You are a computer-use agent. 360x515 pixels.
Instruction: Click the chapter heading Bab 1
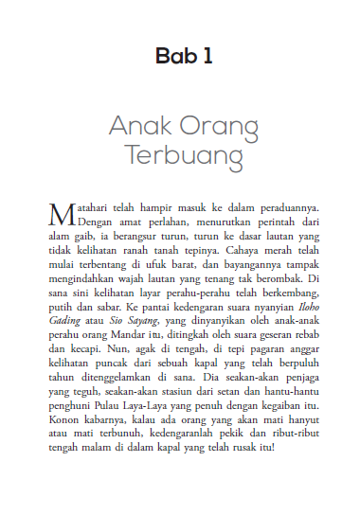[x=179, y=57]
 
